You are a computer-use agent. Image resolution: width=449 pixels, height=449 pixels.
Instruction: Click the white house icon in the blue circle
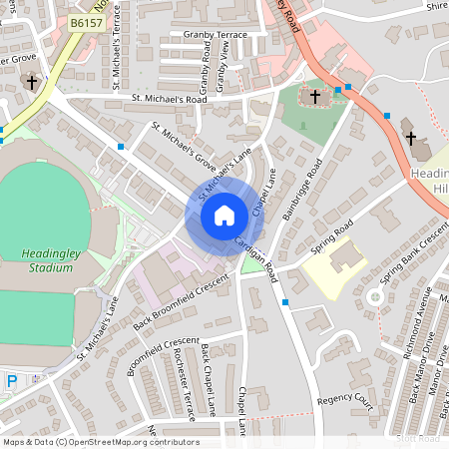(x=224, y=216)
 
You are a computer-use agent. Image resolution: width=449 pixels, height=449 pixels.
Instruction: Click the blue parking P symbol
(x=11, y=381)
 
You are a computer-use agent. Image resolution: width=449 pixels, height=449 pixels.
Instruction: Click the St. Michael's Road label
(x=170, y=100)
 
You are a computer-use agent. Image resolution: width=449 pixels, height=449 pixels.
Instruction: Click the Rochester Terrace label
(x=182, y=371)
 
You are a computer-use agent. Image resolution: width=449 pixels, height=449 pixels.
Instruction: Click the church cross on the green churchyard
(x=315, y=97)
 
